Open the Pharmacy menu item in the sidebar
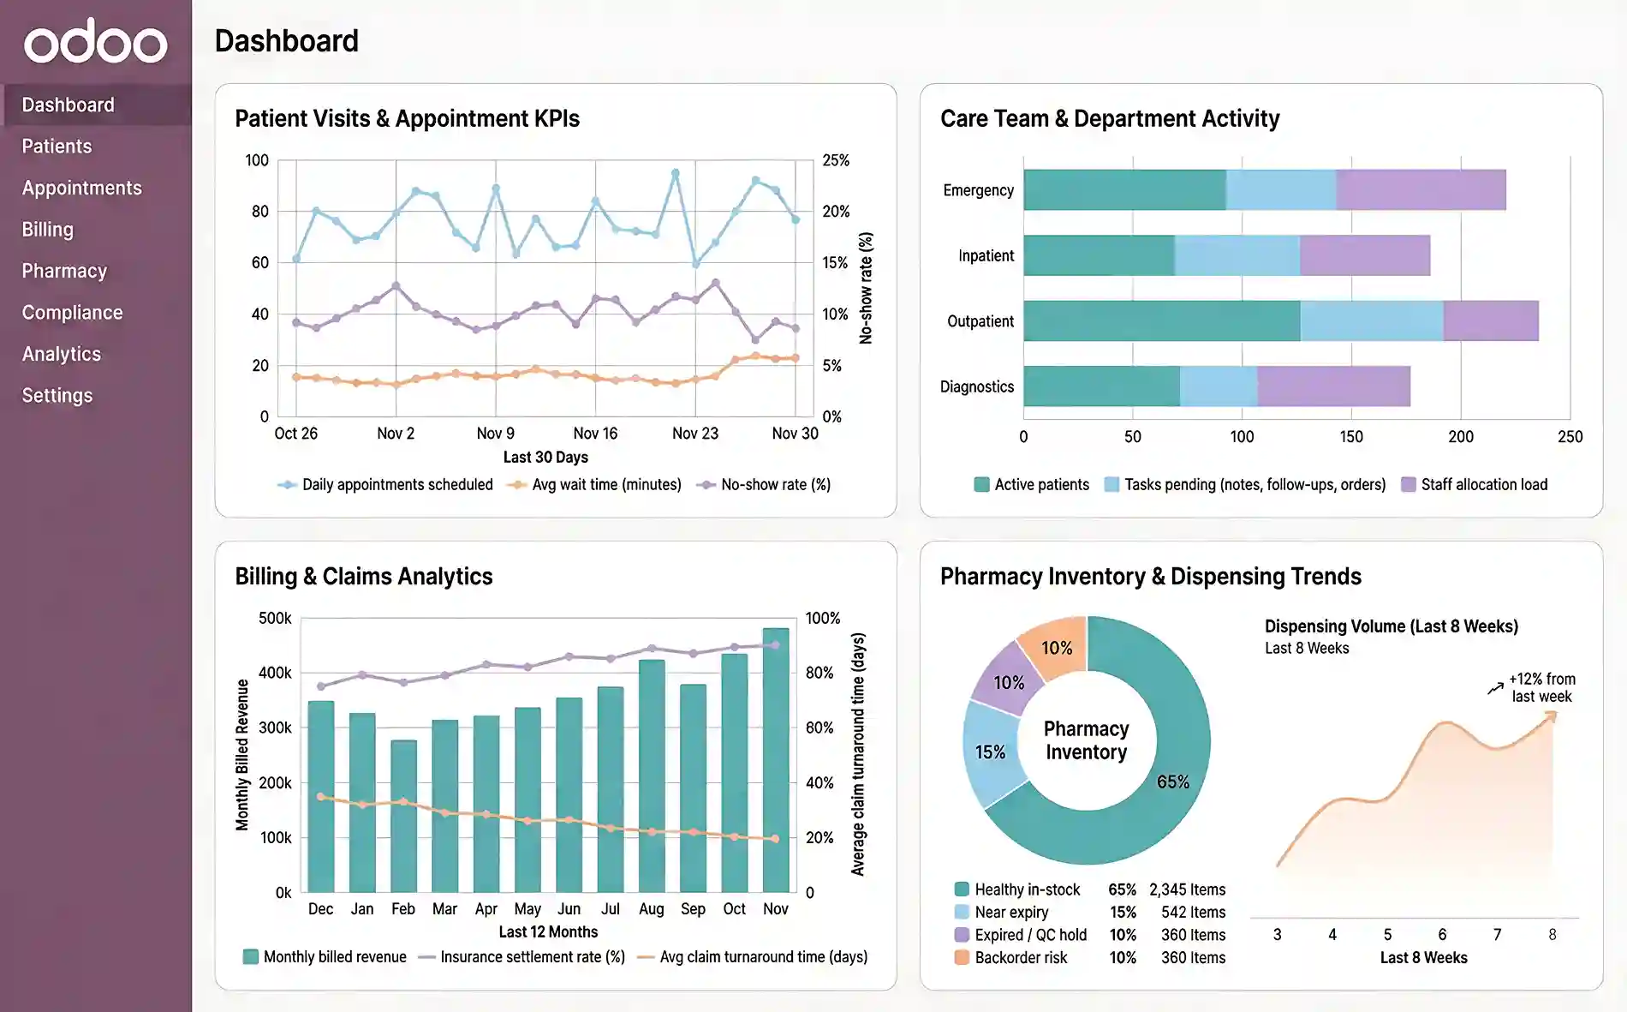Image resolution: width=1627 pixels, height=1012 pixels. pyautogui.click(x=64, y=271)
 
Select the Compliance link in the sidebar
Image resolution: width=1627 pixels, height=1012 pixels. pyautogui.click(x=72, y=313)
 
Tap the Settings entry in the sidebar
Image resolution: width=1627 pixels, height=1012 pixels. pyautogui.click(x=57, y=395)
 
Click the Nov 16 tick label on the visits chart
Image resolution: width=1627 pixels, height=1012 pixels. pyautogui.click(x=595, y=434)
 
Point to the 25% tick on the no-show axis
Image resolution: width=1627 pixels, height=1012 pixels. pyautogui.click(x=835, y=160)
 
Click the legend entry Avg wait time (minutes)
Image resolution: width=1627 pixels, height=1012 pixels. pyautogui.click(x=605, y=485)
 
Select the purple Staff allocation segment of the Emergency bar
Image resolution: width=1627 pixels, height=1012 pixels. pyautogui.click(x=1420, y=190)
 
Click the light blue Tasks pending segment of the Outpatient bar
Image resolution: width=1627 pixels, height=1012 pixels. pyautogui.click(x=1371, y=321)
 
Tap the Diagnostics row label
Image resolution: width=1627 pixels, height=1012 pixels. pyautogui.click(x=976, y=386)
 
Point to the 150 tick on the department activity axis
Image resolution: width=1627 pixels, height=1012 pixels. pyautogui.click(x=1350, y=437)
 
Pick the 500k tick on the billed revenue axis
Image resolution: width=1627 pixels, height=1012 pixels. pyautogui.click(x=275, y=619)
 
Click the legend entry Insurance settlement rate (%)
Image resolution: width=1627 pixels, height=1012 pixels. pyautogui.click(x=531, y=957)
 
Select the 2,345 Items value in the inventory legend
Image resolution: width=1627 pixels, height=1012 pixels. pyautogui.click(x=1187, y=889)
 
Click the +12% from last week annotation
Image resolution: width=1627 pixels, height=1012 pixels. pyautogui.click(x=1541, y=687)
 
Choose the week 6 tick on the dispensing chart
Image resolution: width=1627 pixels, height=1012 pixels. pyautogui.click(x=1442, y=935)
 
